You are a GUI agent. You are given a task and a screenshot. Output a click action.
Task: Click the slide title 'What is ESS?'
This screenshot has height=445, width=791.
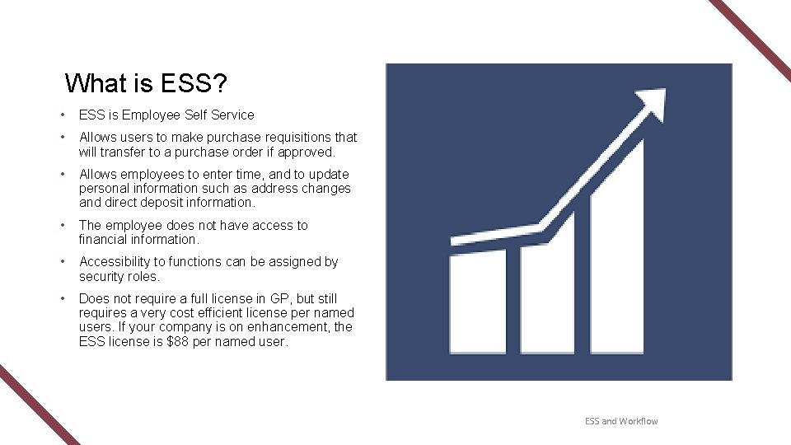[147, 83]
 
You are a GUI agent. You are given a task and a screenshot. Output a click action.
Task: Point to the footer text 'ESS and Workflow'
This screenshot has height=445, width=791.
[621, 421]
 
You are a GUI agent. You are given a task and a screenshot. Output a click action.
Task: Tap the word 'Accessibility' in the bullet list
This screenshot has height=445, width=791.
[115, 262]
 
